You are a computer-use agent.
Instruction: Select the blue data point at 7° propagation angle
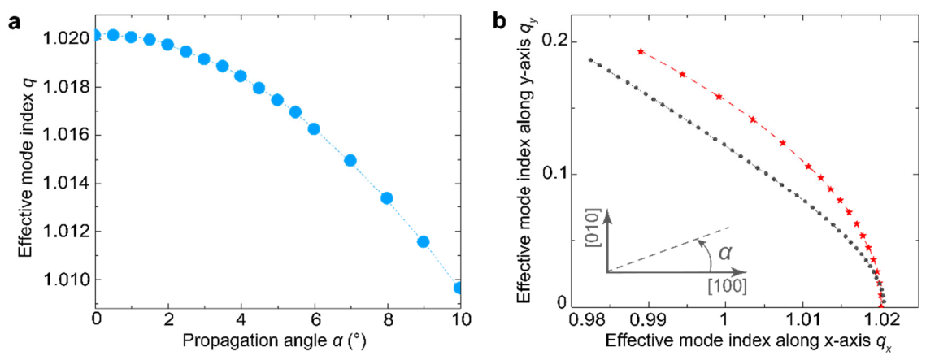(350, 161)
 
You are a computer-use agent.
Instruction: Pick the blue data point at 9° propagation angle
(423, 241)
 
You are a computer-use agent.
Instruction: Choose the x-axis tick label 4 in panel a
(241, 321)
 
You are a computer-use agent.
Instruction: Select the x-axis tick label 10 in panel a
(459, 321)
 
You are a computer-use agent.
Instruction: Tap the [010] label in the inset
(593, 235)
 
